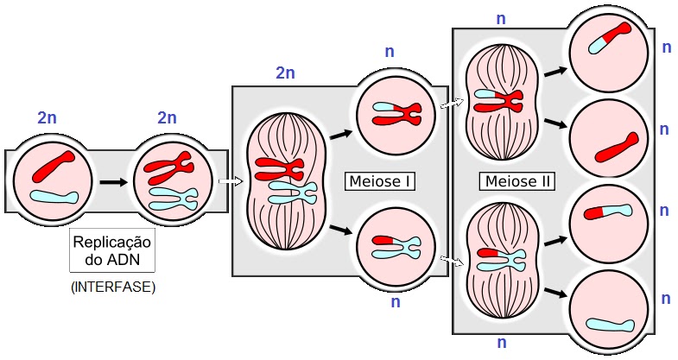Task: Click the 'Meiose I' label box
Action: click(380, 181)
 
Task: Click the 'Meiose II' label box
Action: click(516, 181)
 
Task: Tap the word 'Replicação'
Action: click(112, 243)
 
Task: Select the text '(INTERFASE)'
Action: click(112, 287)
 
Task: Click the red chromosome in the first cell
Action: click(54, 166)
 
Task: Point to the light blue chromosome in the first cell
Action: click(54, 198)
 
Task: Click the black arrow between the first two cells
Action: click(114, 182)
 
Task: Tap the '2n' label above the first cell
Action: click(48, 118)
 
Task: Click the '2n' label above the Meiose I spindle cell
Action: click(285, 73)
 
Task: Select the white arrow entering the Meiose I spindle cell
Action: click(231, 181)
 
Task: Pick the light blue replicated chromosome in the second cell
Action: click(173, 199)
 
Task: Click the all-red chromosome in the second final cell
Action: click(616, 148)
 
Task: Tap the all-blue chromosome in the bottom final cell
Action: click(610, 325)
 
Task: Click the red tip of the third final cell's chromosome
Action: click(592, 213)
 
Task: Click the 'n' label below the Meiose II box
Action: click(502, 343)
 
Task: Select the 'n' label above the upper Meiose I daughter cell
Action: click(390, 52)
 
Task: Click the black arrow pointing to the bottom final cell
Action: click(555, 293)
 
